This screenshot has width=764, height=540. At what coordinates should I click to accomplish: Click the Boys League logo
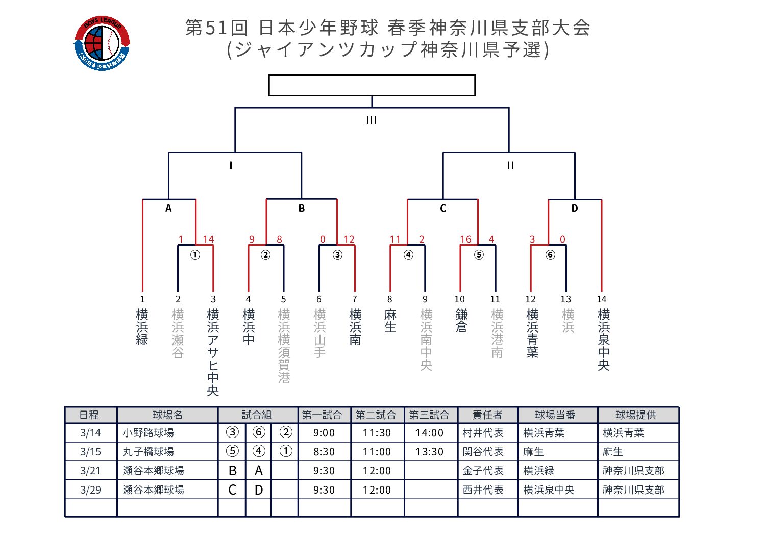coord(102,43)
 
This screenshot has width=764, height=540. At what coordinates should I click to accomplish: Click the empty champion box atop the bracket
coord(372,85)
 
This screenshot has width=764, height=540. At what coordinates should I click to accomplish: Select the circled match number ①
coord(195,254)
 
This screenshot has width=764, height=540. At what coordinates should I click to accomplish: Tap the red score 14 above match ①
coord(208,239)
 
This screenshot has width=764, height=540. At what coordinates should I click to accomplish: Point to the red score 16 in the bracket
coord(465,239)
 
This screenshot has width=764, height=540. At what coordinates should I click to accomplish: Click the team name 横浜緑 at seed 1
coord(142,327)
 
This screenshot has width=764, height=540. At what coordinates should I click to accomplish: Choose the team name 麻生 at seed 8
coord(390,321)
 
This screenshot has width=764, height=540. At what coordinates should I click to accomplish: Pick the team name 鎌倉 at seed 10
coord(461,321)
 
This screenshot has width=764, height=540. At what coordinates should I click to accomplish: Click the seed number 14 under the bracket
coord(602,299)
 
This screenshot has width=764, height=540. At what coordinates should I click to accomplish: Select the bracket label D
coord(575,208)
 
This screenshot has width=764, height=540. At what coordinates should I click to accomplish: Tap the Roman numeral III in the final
coord(372,120)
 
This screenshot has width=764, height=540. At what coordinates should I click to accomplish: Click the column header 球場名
coord(167,415)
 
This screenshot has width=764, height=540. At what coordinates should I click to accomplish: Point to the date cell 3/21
coord(90,471)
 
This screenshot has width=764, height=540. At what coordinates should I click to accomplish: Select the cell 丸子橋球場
coord(149,452)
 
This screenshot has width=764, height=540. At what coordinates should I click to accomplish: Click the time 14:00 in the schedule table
coord(429,433)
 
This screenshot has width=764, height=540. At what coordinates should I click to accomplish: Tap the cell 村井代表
coord(483,433)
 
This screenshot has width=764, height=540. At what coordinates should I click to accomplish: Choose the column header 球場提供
coord(636,415)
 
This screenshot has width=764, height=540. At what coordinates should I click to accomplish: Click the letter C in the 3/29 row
coord(232,490)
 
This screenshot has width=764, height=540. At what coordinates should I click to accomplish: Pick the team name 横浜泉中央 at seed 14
coord(604,339)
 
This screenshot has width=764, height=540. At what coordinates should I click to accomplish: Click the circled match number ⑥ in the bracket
coord(550,254)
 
